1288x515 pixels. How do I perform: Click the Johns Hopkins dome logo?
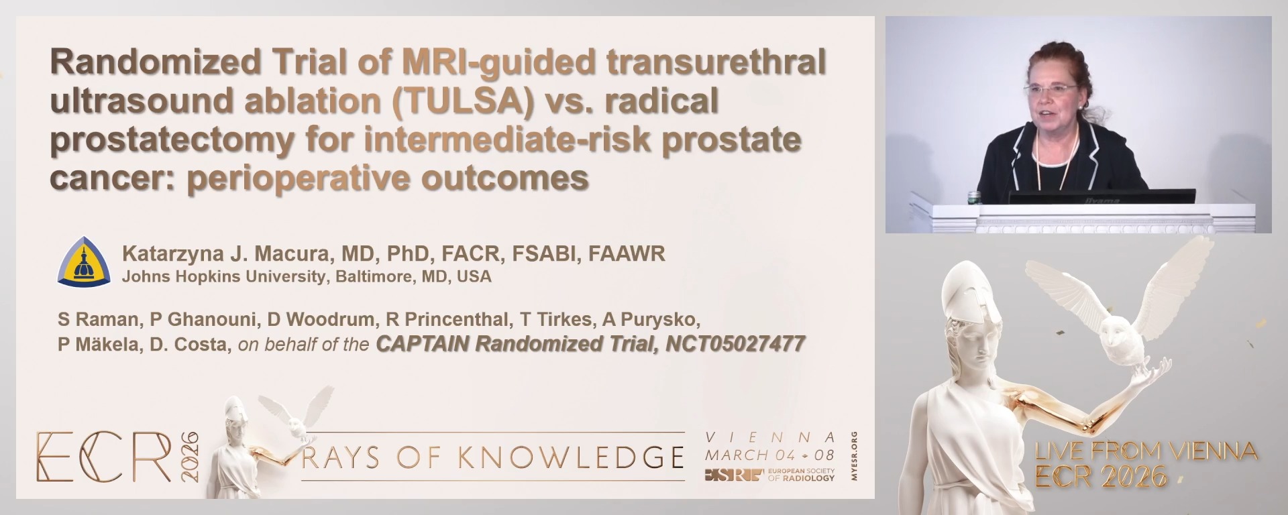(x=84, y=262)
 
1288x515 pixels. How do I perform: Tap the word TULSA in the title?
(x=462, y=101)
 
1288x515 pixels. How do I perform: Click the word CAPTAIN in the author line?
(x=423, y=344)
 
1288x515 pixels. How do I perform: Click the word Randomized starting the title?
(x=155, y=62)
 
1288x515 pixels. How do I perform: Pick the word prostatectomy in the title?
(x=172, y=140)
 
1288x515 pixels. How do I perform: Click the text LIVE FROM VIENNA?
(x=1146, y=451)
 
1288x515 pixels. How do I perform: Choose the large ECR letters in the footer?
(x=104, y=457)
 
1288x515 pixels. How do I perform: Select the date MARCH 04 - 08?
(x=769, y=455)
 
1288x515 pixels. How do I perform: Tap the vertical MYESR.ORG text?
(x=853, y=456)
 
